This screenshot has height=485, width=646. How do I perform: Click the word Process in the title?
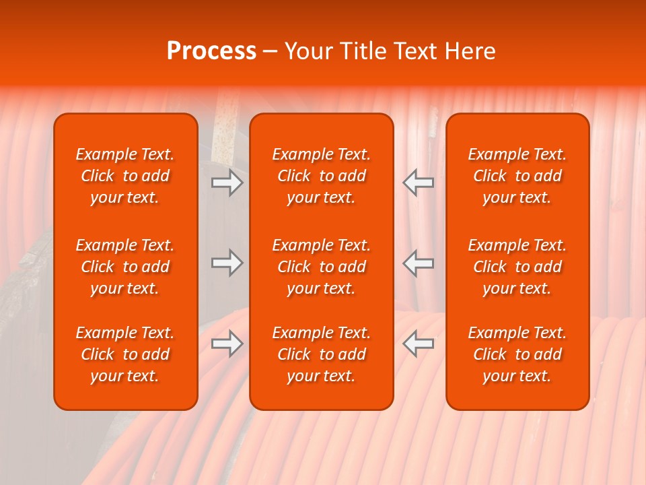tap(211, 51)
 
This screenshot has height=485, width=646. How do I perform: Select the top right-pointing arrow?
tap(227, 183)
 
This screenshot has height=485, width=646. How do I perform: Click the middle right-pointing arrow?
tap(227, 263)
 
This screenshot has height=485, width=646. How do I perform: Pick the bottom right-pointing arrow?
tap(227, 344)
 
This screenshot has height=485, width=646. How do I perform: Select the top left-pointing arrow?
tap(419, 183)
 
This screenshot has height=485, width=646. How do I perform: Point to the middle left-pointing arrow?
tap(419, 263)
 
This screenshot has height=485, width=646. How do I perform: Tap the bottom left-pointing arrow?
tap(419, 344)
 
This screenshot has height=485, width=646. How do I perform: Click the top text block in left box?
tap(125, 176)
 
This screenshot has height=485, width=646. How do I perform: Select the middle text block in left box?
tap(125, 267)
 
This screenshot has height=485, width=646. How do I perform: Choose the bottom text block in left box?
tap(125, 354)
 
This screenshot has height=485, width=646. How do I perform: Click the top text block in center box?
tap(321, 176)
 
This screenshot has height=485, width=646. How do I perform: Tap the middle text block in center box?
tap(321, 267)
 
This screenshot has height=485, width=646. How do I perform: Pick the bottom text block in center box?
tap(321, 354)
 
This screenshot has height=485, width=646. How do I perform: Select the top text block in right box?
tap(517, 176)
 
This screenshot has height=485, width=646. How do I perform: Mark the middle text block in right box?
tap(517, 267)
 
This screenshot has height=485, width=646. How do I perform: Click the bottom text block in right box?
tap(517, 354)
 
